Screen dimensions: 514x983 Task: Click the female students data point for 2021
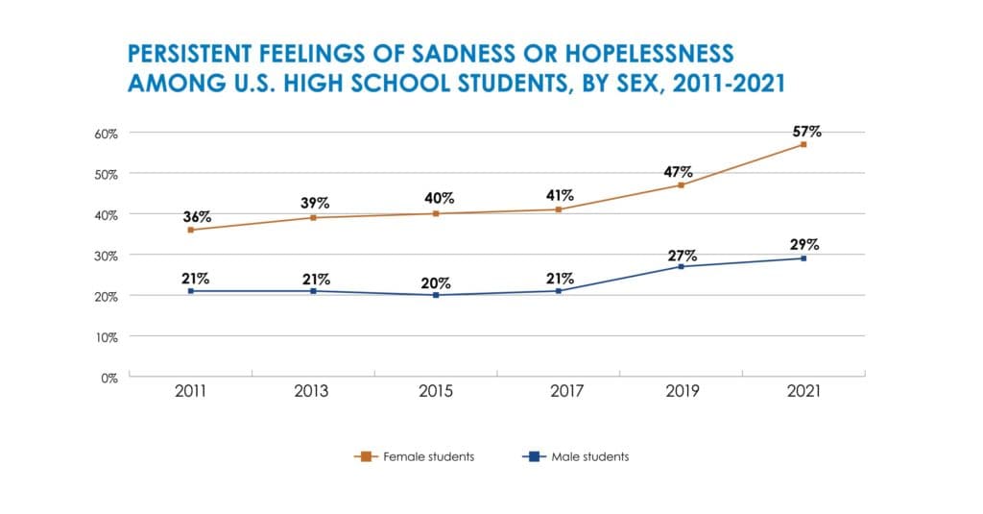tap(803, 144)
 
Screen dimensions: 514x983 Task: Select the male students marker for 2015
tap(436, 295)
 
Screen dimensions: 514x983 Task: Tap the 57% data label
tap(806, 131)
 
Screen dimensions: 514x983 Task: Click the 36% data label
tap(198, 216)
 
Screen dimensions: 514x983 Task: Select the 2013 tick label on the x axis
tap(313, 392)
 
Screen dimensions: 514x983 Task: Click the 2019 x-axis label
tap(681, 392)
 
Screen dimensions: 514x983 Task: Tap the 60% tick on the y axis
tap(106, 133)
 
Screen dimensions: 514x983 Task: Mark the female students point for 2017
tap(559, 209)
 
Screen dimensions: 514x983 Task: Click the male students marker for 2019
tap(681, 266)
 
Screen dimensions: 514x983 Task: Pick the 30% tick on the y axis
tap(106, 256)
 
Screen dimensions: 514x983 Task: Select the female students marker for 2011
tap(191, 230)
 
